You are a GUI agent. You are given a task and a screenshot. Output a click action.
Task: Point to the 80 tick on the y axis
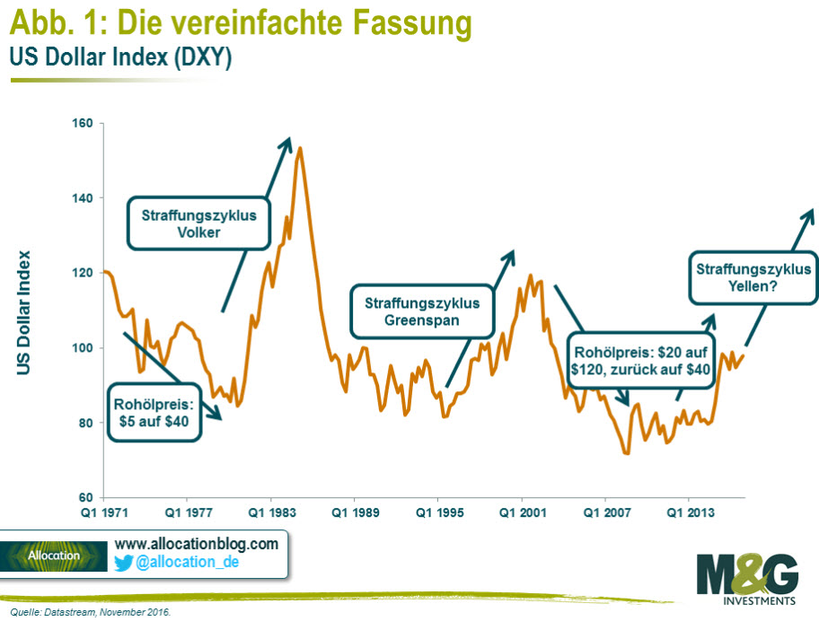[88, 423]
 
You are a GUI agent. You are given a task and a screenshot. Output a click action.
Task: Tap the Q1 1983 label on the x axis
[270, 513]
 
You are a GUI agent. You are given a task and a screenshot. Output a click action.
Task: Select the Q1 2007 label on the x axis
[605, 513]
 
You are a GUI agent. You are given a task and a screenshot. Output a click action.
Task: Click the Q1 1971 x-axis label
[103, 513]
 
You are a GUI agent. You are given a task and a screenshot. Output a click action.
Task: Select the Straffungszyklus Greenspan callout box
[422, 310]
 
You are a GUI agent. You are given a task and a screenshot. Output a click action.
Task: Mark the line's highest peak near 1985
[300, 148]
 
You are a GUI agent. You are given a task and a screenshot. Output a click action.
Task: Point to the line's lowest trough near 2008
[626, 453]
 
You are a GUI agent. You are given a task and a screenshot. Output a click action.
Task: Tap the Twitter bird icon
[124, 563]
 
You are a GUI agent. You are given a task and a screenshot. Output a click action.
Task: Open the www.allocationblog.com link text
[196, 544]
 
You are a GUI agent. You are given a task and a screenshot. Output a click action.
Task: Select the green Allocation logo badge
[54, 555]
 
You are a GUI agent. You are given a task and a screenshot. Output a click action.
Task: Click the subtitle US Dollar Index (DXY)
[120, 58]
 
